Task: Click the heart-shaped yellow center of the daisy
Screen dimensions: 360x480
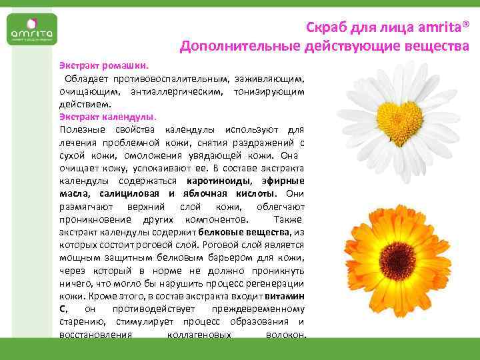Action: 399,111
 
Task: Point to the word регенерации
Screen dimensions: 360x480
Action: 279,283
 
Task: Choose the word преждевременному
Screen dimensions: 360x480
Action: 258,309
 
